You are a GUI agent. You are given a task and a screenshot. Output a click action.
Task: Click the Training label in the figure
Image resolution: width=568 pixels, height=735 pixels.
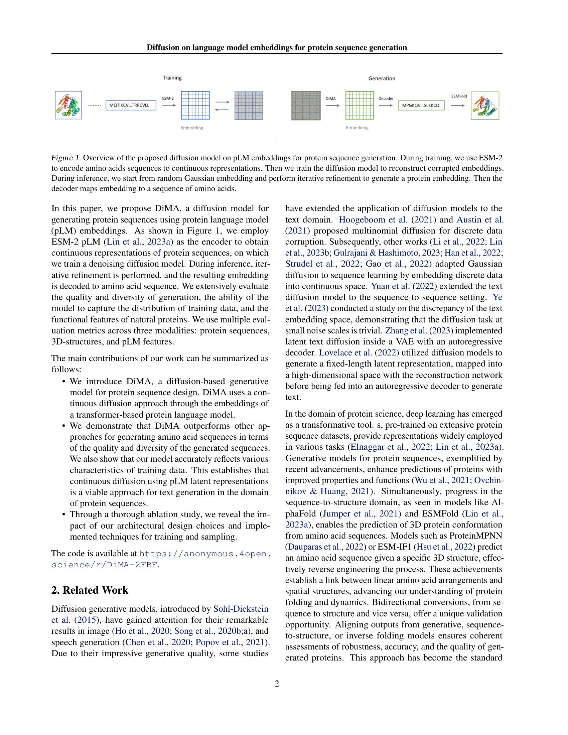click(x=172, y=78)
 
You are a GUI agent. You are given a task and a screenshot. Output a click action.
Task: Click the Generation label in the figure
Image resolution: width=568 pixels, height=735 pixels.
click(x=382, y=79)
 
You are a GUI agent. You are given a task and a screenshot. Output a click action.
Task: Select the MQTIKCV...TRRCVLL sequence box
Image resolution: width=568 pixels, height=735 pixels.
click(x=131, y=105)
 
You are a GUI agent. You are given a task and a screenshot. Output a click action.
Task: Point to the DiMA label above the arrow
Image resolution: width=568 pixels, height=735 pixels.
click(x=331, y=99)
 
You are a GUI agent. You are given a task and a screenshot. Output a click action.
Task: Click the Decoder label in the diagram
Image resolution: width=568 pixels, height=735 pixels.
click(x=386, y=99)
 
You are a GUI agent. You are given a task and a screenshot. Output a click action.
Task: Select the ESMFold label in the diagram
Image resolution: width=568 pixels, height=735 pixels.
click(x=459, y=96)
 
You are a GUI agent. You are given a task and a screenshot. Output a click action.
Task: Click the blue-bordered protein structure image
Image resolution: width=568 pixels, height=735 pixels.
click(x=68, y=105)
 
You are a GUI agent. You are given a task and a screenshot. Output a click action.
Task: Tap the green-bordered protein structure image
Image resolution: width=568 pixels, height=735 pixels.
click(x=485, y=106)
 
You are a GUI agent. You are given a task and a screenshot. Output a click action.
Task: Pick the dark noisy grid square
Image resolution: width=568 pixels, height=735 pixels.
click(x=305, y=105)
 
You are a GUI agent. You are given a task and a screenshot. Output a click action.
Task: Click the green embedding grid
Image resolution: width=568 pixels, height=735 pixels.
click(x=360, y=105)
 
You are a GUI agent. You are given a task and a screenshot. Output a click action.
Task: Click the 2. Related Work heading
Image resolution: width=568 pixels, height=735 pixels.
click(x=90, y=590)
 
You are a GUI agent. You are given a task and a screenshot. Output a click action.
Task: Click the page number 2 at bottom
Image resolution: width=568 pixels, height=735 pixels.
click(x=277, y=684)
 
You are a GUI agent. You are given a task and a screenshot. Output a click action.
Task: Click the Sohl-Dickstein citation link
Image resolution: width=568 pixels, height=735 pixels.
click(x=241, y=609)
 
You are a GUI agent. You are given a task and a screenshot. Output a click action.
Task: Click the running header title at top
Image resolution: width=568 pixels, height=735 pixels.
click(x=277, y=47)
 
